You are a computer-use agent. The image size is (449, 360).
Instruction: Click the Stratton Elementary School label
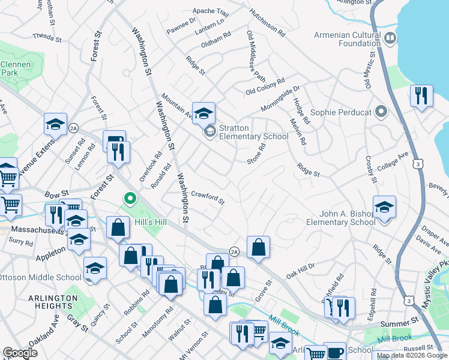(254, 132)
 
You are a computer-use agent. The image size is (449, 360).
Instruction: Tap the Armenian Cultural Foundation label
(347, 39)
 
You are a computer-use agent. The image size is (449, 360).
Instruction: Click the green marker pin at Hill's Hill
(129, 198)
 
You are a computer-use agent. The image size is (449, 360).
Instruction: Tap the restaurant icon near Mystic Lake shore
(421, 96)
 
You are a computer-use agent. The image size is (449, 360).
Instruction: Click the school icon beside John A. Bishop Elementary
(384, 208)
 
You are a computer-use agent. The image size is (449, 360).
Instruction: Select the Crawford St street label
(208, 197)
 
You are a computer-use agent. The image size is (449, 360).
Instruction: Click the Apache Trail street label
(211, 11)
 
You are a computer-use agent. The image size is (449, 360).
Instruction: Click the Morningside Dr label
(280, 98)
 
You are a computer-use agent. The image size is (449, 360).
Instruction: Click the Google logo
(20, 353)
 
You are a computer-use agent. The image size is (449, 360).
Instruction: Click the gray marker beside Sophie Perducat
(380, 112)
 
